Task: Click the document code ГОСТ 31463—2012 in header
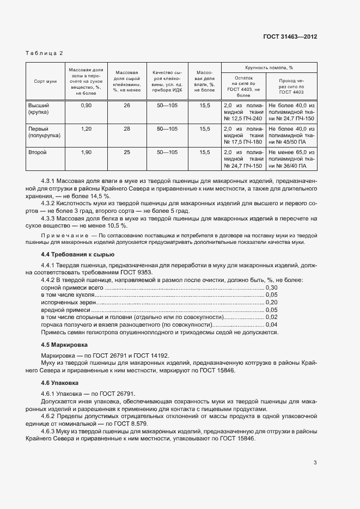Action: tap(290, 36)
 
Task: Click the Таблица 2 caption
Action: tap(45, 53)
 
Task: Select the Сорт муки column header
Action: tap(45, 81)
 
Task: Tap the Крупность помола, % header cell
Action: tap(269, 68)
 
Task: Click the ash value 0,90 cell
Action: tap(86, 105)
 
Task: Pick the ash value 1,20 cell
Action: tap(86, 129)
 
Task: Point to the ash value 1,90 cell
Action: tap(86, 152)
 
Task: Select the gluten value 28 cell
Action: tap(127, 129)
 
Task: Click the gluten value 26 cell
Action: tap(127, 105)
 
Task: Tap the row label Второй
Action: tap(38, 152)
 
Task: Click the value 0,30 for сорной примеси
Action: tap(271, 287)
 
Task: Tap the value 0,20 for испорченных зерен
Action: tap(271, 302)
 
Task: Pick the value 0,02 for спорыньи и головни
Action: tap(271, 317)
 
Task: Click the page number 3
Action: tap(315, 463)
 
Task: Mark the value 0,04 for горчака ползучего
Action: tap(271, 324)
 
